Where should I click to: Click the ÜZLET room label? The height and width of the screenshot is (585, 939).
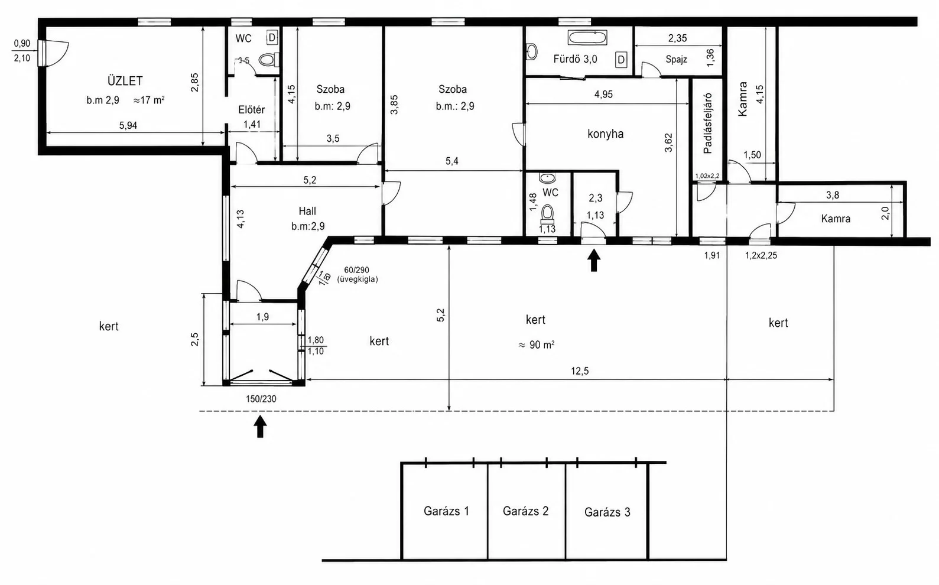[125, 80]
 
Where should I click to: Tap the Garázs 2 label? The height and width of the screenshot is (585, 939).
[526, 511]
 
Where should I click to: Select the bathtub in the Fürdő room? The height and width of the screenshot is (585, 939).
[587, 38]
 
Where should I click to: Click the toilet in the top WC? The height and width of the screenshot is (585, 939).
[269, 60]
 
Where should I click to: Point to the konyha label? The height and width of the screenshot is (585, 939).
[605, 134]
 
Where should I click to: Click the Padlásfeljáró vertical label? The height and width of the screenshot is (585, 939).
[707, 123]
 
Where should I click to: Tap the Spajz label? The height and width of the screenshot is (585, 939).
[676, 60]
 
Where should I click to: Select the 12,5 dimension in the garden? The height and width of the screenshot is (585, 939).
[580, 371]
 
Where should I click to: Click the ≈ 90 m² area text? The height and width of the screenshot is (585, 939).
[537, 345]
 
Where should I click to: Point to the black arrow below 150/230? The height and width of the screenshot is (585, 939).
[261, 427]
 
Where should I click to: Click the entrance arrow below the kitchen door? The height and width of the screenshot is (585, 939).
[593, 260]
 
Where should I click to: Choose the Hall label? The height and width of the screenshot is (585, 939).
[307, 211]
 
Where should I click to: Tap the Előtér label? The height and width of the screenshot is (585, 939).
[252, 110]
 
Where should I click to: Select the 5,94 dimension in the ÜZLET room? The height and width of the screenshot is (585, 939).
[128, 125]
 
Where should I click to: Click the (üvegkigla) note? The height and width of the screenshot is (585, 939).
[358, 279]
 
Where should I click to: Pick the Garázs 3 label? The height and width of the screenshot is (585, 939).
[607, 512]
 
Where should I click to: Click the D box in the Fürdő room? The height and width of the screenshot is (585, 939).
[621, 60]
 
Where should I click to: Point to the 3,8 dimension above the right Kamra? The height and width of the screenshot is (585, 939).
[833, 195]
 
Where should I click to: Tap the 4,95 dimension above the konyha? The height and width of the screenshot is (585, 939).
[603, 95]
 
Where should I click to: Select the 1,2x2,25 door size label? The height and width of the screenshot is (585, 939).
[761, 255]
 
